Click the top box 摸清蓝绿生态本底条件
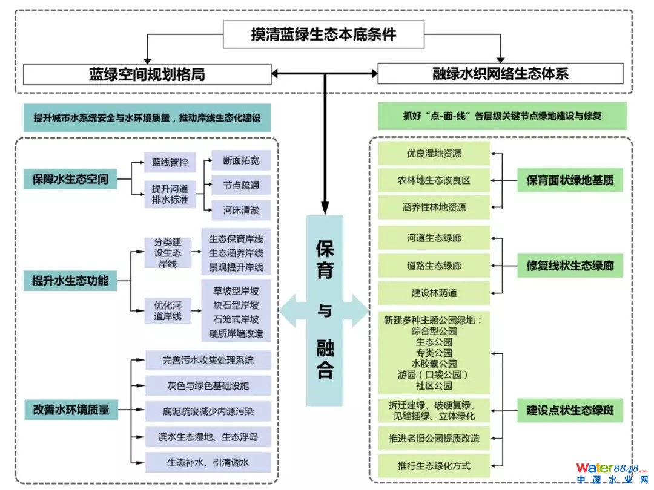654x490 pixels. coord(323,34)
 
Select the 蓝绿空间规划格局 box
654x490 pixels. coord(147,74)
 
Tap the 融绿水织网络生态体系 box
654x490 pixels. coord(500,74)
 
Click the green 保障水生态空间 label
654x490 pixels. coord(70,179)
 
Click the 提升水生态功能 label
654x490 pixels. coord(70,281)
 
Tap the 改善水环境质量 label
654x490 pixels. coord(71,409)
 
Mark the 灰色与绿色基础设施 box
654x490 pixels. coord(208,384)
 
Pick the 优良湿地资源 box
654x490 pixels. coord(434,154)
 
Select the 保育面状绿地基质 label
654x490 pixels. coord(570,180)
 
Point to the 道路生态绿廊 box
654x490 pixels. coord(434,266)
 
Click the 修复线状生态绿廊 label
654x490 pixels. coord(570,266)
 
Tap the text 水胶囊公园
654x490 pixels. coord(434,364)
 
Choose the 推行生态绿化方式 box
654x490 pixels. coord(434,466)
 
